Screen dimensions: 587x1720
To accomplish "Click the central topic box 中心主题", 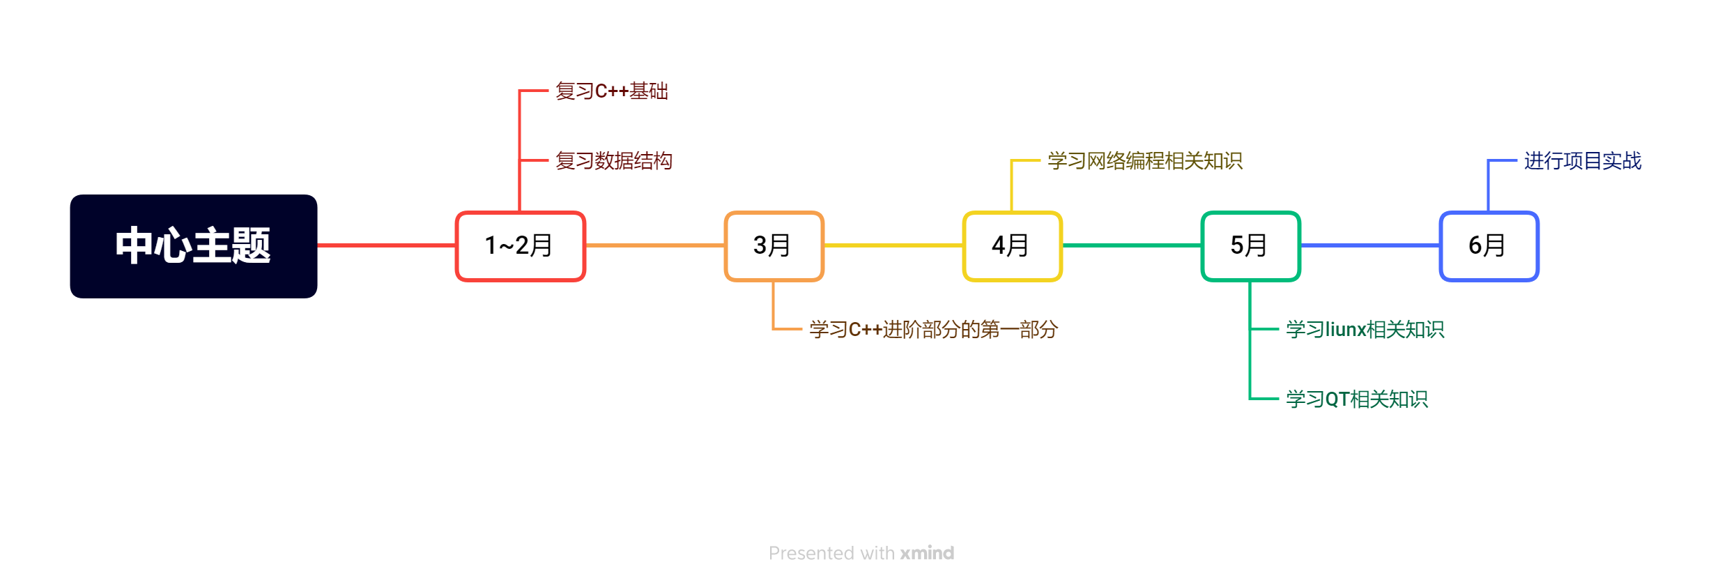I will pyautogui.click(x=194, y=246).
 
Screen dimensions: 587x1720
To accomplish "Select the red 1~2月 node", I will pyautogui.click(x=520, y=246).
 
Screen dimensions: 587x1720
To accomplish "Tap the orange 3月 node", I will pyautogui.click(x=774, y=246).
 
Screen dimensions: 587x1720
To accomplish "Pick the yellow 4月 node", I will pyautogui.click(x=1012, y=246).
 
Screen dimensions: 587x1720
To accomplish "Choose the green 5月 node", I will pyautogui.click(x=1250, y=246).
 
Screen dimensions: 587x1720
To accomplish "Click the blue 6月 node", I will pyautogui.click(x=1489, y=246).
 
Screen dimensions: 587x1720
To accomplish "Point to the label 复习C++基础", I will pyautogui.click(x=612, y=91).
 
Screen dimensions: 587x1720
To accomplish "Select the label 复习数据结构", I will pyautogui.click(x=614, y=161).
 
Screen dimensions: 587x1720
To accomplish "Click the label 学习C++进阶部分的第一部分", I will pyautogui.click(x=933, y=329).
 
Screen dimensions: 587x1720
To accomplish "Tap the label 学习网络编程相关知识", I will pyautogui.click(x=1144, y=161).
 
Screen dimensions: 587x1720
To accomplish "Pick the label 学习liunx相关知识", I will pyautogui.click(x=1365, y=329).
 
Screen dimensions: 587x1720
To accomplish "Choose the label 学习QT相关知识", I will pyautogui.click(x=1356, y=399).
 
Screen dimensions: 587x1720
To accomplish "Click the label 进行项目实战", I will pyautogui.click(x=1582, y=161).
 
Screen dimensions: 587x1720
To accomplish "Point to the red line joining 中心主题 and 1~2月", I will pyautogui.click(x=386, y=245).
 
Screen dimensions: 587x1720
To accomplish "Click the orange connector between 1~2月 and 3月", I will pyautogui.click(x=655, y=245).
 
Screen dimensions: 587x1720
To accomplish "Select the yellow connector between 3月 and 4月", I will pyautogui.click(x=893, y=245).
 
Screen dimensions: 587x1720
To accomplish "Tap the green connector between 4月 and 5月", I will pyautogui.click(x=1132, y=245).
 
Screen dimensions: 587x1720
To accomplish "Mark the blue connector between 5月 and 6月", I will pyautogui.click(x=1370, y=245).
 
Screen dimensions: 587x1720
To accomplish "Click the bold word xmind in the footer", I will pyautogui.click(x=927, y=553).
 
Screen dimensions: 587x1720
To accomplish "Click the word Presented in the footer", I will pyautogui.click(x=811, y=553).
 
